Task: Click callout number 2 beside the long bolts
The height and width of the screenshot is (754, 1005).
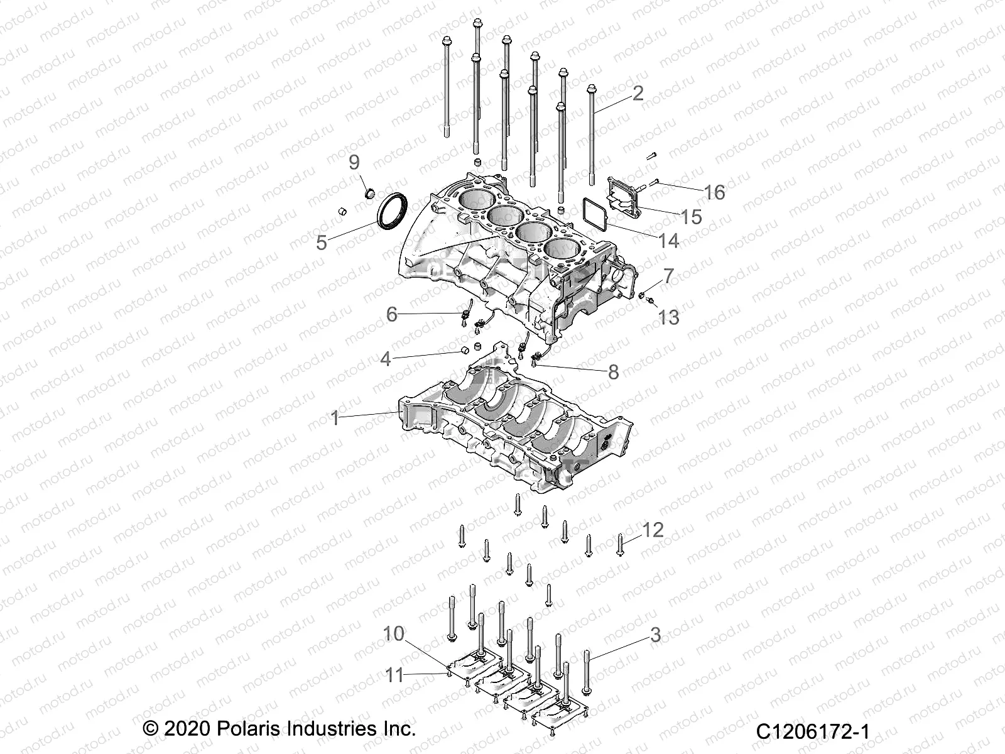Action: point(638,93)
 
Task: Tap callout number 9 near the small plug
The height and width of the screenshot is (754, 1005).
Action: point(354,162)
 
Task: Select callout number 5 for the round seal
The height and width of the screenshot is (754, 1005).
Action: point(322,243)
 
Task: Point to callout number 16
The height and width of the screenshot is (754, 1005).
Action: point(714,192)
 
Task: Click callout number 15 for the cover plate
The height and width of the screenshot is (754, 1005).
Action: point(691,217)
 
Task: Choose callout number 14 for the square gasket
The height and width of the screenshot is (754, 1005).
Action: point(668,241)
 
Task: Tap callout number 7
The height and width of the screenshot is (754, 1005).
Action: point(668,275)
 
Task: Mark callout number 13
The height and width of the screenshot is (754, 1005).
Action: point(668,317)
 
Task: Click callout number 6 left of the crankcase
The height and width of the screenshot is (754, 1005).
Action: point(391,314)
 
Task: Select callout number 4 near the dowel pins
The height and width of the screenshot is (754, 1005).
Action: point(385,359)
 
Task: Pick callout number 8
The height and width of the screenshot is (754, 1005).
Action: point(614,372)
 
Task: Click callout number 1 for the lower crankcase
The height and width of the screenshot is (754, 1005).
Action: point(335,418)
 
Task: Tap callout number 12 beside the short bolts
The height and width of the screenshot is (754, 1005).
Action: point(653,530)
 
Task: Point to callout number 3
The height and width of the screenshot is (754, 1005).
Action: point(655,635)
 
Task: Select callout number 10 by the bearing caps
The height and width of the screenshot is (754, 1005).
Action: point(394,633)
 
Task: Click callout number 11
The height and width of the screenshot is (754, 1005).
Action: point(394,675)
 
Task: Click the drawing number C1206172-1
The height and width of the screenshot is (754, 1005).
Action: point(813,732)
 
